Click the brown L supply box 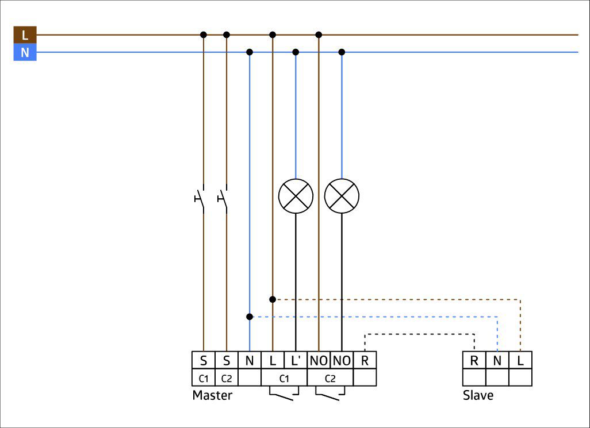(25, 35)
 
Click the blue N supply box (25, 52)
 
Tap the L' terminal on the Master (296, 360)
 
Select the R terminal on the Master (365, 360)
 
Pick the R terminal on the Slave (474, 360)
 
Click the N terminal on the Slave (497, 360)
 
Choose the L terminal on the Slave (520, 360)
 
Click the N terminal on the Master (250, 360)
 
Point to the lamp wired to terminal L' (296, 196)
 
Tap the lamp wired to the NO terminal (342, 196)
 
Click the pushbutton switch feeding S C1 (200, 199)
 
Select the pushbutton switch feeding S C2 (223, 199)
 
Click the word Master (212, 395)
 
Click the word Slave (478, 395)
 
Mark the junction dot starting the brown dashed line (273, 299)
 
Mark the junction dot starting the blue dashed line (250, 317)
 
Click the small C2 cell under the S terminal (227, 377)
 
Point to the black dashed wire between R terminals (420, 334)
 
